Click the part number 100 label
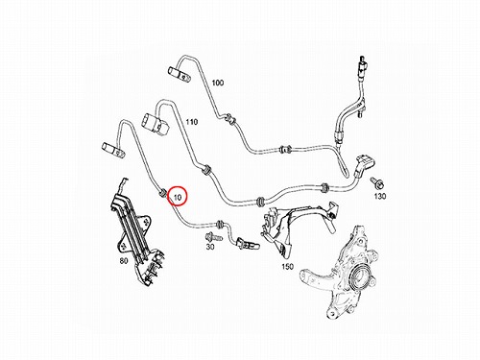[218, 83]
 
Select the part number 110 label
[192, 122]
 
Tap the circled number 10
[178, 198]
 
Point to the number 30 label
[210, 247]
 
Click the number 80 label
[124, 261]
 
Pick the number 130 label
[380, 196]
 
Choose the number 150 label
[287, 267]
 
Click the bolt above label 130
[377, 183]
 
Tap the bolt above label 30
[214, 237]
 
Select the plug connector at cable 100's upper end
[179, 74]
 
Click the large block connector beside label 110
[155, 124]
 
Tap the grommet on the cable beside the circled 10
[162, 193]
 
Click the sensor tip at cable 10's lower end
[248, 244]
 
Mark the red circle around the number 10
[178, 197]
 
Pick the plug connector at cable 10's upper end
[112, 151]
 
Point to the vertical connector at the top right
[362, 68]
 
